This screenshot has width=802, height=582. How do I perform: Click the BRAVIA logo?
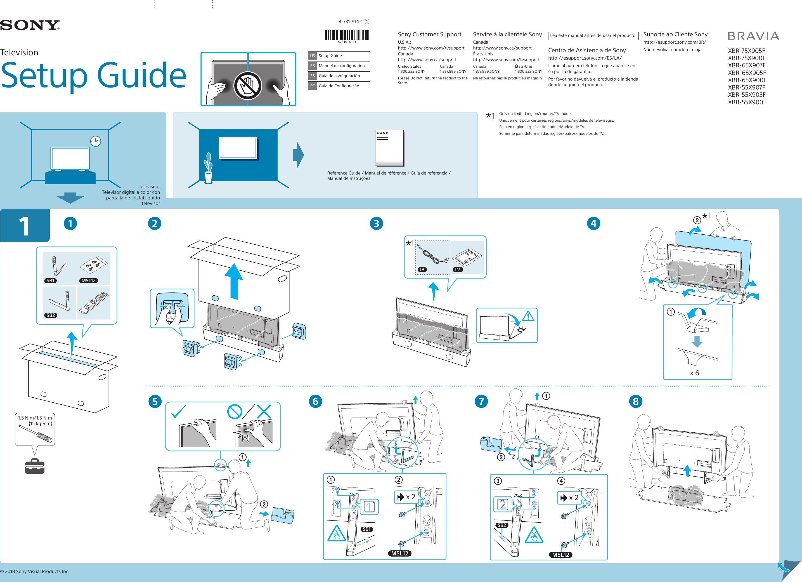(x=753, y=36)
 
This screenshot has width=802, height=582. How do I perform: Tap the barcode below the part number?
(x=347, y=35)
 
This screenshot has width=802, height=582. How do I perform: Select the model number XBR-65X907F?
(x=746, y=65)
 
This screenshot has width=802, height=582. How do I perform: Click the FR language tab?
(x=313, y=66)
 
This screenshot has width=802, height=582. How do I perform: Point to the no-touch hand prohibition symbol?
(x=248, y=86)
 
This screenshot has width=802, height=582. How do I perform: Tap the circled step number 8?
(x=635, y=402)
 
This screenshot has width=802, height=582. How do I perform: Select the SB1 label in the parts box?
(x=51, y=281)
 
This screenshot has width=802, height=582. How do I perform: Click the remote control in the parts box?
(x=94, y=303)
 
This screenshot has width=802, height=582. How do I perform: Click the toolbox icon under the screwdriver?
(x=35, y=466)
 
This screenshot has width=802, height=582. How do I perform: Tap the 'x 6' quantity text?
(x=694, y=373)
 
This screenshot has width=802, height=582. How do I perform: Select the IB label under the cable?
(x=422, y=270)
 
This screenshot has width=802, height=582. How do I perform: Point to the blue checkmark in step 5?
(x=178, y=411)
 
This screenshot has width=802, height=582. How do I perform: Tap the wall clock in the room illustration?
(x=96, y=141)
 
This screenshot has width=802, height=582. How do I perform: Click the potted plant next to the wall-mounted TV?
(x=209, y=168)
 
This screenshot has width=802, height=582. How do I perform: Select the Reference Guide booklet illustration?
(x=389, y=148)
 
